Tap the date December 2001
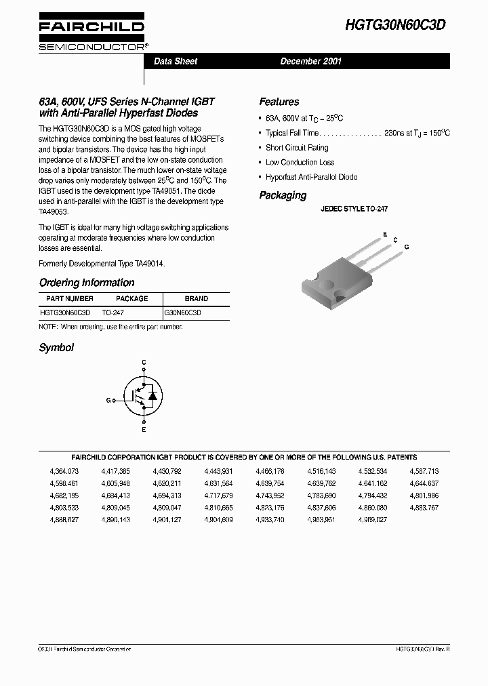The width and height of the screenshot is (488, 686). [311, 62]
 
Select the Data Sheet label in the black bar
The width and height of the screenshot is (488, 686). [176, 62]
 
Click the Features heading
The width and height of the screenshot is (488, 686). [279, 102]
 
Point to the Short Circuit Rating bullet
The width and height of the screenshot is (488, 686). [297, 148]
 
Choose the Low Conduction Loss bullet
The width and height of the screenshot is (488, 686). [300, 163]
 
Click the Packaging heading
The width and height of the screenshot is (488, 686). [283, 195]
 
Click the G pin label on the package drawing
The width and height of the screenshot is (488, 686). [407, 247]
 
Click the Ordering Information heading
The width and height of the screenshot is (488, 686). [87, 283]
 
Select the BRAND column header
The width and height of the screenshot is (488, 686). [197, 299]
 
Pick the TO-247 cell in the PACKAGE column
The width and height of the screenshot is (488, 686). [113, 313]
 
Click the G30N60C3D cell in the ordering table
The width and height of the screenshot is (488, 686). [183, 313]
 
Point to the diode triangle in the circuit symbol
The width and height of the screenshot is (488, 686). [152, 395]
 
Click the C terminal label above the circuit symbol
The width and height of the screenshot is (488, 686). [144, 363]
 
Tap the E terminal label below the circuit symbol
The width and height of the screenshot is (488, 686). [144, 430]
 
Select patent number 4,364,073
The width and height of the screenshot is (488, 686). [64, 471]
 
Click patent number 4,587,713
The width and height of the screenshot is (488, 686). [424, 471]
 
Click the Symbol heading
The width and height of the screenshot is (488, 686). [56, 348]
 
